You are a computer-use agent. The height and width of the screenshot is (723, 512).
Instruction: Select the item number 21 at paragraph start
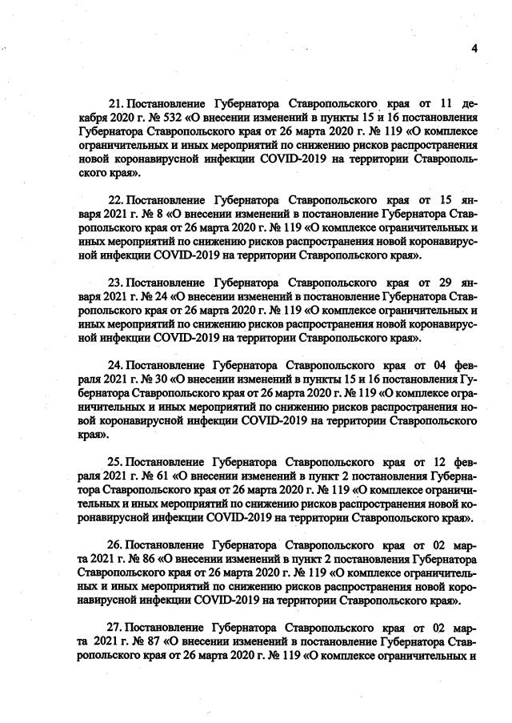click(x=114, y=104)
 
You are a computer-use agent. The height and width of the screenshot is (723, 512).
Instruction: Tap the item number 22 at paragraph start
click(x=114, y=197)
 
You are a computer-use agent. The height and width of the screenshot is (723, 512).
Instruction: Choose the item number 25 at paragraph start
click(x=114, y=462)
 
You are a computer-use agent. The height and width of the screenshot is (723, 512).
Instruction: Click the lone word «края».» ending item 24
click(x=94, y=436)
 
